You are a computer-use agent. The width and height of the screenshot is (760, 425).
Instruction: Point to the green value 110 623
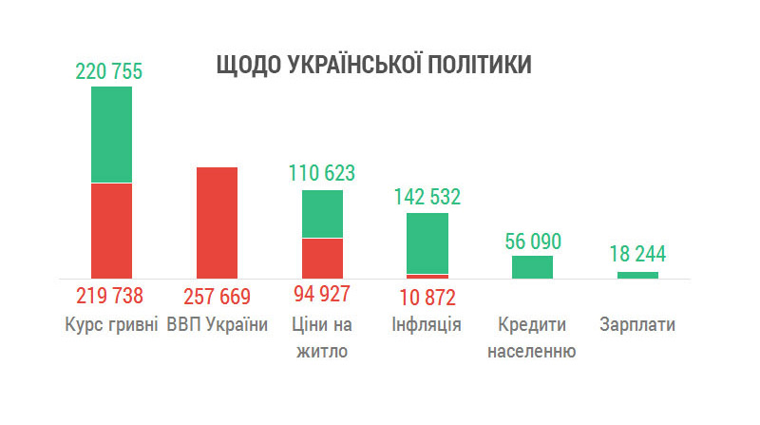322,173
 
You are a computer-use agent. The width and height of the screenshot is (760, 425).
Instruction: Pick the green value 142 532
427,197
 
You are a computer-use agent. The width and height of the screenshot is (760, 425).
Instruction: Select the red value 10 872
427,296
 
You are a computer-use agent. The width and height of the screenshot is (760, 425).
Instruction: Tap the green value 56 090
532,241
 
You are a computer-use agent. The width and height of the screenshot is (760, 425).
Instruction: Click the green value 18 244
637,255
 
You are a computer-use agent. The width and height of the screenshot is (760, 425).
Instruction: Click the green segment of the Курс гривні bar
111,134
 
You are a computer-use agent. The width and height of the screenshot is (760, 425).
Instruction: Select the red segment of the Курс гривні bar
111,230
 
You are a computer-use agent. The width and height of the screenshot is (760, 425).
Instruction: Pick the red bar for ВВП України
217,222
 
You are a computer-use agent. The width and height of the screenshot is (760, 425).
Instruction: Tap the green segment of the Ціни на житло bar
322,214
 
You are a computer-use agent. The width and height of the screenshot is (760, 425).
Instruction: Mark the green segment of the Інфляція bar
427,242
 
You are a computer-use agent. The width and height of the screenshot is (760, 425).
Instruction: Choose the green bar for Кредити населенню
532,267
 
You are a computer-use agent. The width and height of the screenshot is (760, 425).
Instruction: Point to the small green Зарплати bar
637,275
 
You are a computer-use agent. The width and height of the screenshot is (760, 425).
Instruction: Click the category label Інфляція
427,324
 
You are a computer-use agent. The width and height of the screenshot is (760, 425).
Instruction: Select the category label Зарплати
637,324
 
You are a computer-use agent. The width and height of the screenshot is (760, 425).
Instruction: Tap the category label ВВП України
218,324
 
